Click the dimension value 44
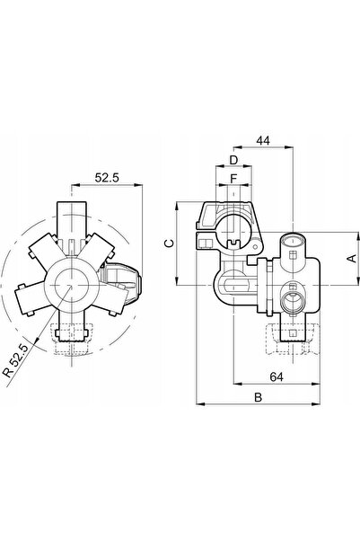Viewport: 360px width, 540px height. point(263,140)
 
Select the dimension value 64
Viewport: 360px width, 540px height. point(277,376)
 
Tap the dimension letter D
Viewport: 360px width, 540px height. point(233,160)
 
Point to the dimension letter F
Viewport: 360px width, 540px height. point(233,179)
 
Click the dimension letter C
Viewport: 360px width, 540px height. point(169,243)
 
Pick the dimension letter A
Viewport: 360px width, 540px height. point(353,258)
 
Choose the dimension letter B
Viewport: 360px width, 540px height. point(259,397)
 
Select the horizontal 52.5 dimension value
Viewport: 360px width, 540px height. point(107,177)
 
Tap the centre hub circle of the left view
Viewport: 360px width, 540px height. point(71,285)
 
